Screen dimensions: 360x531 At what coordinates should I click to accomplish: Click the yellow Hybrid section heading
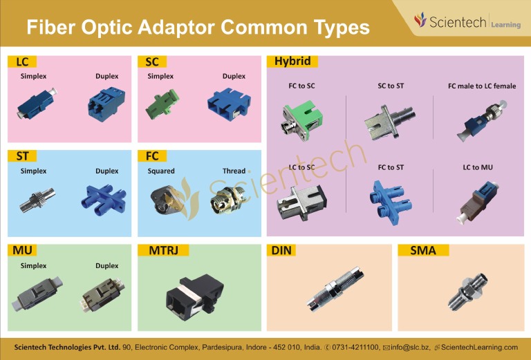(x=292, y=61)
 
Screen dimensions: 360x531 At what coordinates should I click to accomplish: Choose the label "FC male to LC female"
(x=481, y=86)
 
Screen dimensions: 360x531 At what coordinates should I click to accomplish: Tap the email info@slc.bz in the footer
(x=410, y=347)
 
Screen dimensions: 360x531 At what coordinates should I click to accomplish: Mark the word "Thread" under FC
(x=234, y=171)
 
